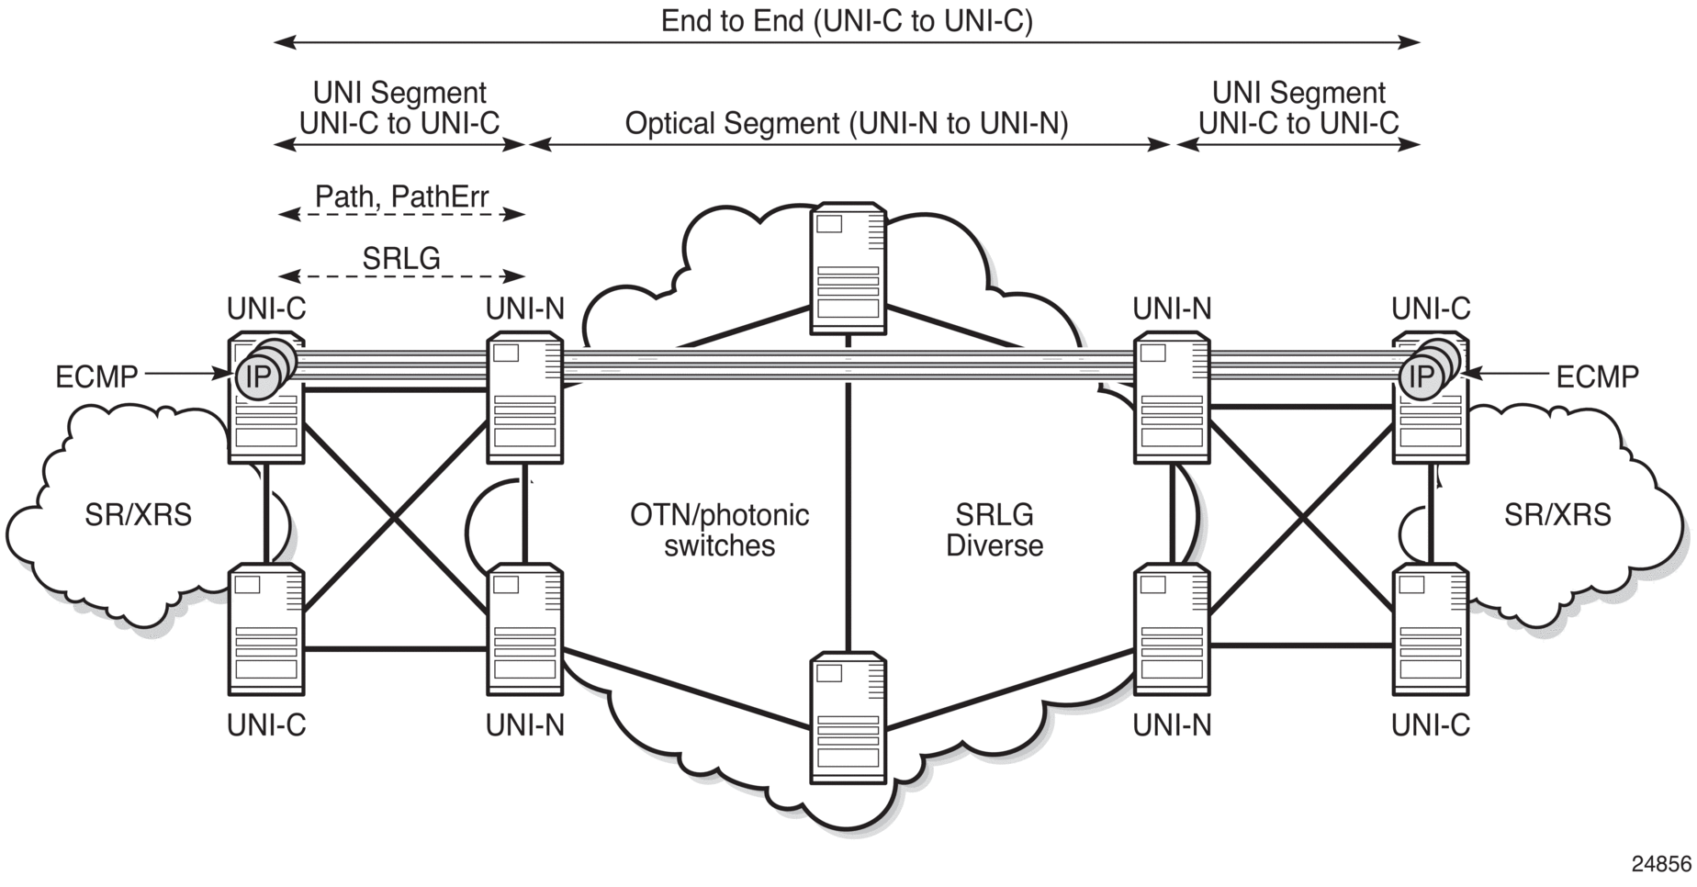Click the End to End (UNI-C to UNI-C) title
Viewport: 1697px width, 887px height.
click(847, 20)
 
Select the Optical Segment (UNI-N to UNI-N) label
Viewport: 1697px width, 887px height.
click(847, 123)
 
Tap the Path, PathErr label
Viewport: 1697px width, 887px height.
click(401, 196)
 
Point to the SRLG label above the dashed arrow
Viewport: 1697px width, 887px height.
click(401, 258)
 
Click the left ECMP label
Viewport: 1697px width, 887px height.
click(96, 376)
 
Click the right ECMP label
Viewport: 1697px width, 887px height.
click(1597, 376)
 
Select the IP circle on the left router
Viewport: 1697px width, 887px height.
click(258, 376)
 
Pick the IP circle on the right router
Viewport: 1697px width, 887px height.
click(1421, 376)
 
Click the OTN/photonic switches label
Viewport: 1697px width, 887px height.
click(719, 530)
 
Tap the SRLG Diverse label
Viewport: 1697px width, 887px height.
click(995, 530)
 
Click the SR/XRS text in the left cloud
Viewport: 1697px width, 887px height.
click(139, 515)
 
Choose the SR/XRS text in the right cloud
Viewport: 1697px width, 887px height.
click(1557, 515)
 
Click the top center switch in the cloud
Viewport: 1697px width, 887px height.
click(848, 268)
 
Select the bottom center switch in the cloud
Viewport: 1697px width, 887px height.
click(848, 717)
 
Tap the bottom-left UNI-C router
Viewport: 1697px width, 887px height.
click(266, 630)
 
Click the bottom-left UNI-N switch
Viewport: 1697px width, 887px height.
click(525, 630)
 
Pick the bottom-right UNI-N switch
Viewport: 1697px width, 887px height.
click(1172, 630)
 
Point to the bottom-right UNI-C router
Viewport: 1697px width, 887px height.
click(1431, 630)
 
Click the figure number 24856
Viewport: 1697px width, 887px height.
click(1661, 864)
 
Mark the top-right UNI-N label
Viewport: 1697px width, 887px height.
click(1172, 309)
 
